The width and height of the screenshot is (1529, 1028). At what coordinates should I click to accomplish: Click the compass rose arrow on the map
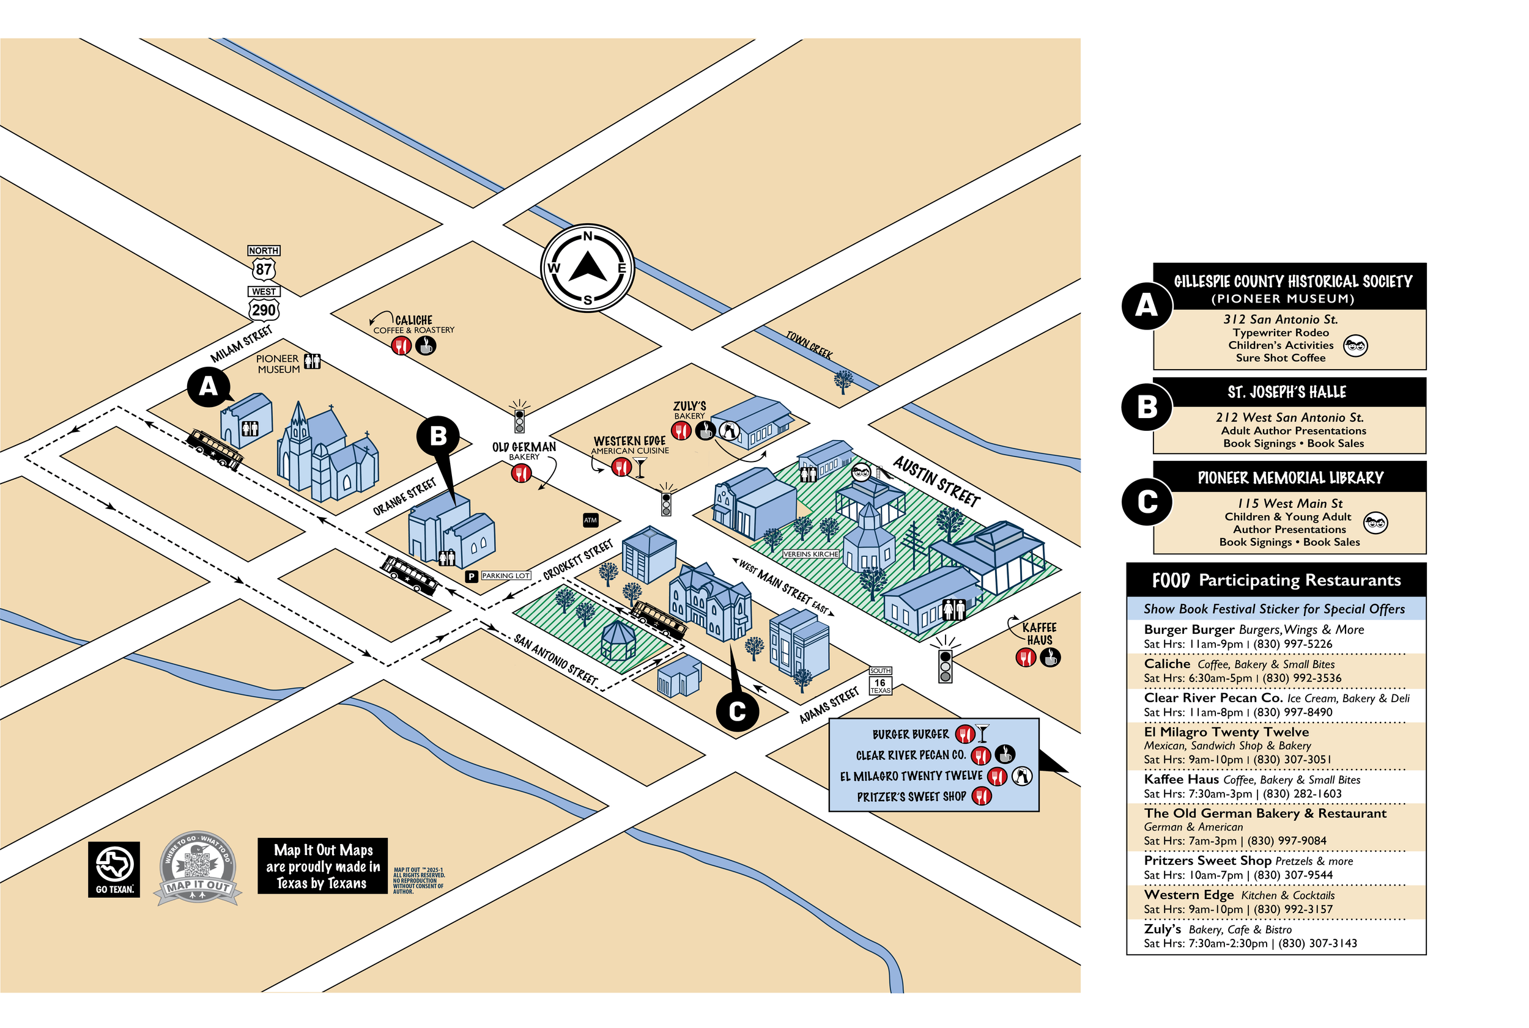click(x=587, y=268)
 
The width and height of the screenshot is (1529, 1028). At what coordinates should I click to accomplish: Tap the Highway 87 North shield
click(x=263, y=268)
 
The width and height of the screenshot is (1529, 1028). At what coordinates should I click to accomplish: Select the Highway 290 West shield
click(x=264, y=309)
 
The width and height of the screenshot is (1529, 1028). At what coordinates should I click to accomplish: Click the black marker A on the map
click(x=208, y=387)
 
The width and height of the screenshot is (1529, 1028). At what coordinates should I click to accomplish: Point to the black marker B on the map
click(x=438, y=436)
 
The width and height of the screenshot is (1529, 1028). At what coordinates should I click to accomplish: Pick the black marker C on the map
click(x=737, y=711)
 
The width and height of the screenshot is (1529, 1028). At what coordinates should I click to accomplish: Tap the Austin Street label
click(x=937, y=481)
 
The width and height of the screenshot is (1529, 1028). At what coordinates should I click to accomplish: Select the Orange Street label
click(x=405, y=497)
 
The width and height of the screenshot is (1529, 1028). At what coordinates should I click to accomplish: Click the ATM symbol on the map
click(x=590, y=520)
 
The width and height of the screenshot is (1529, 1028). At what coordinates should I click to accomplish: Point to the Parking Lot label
click(x=506, y=576)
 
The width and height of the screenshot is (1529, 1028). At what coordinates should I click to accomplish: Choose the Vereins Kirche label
click(x=811, y=554)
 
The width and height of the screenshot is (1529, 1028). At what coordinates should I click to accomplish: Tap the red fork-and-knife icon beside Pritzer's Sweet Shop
click(x=981, y=796)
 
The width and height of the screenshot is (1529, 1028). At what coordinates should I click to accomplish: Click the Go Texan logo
click(x=114, y=868)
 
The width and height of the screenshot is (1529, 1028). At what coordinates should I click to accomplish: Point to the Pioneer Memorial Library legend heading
click(x=1290, y=478)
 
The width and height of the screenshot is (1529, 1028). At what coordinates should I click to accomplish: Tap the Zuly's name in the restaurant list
click(x=1161, y=929)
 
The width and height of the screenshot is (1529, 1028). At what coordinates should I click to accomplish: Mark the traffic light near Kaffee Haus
click(x=945, y=664)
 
